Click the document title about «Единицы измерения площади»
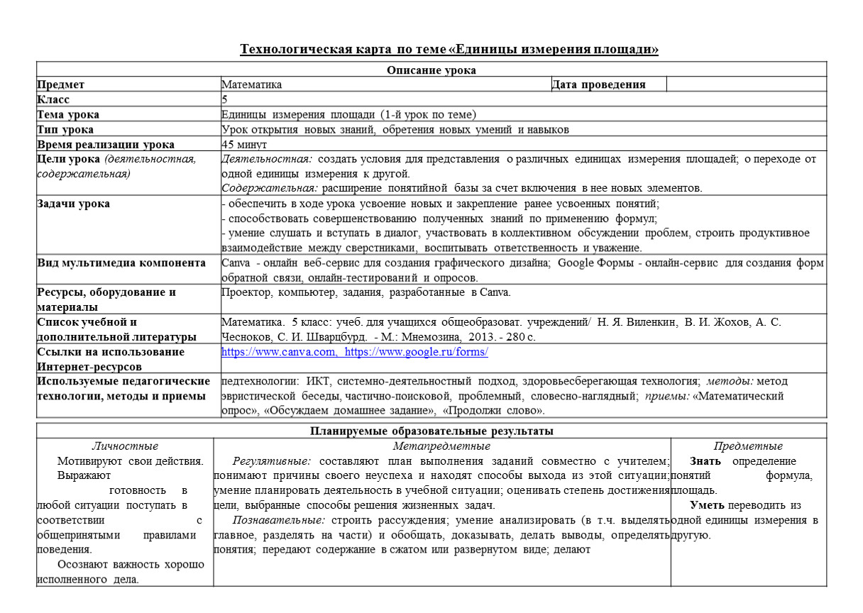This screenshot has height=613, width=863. tap(449, 50)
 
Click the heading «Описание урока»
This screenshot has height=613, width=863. tap(431, 70)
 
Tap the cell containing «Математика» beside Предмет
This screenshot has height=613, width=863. tap(252, 84)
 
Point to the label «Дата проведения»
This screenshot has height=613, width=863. tap(598, 84)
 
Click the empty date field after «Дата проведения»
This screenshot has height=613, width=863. tap(746, 84)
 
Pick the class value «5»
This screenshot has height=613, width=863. tap(224, 99)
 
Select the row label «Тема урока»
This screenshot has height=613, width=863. tap(68, 114)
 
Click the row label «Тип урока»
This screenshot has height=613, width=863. tap(66, 129)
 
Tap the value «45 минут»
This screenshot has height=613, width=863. tap(245, 144)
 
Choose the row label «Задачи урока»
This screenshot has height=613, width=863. tap(73, 204)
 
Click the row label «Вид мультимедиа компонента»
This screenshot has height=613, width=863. tap(121, 263)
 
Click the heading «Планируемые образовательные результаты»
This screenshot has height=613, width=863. tap(431, 431)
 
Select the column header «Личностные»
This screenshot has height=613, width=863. tap(125, 446)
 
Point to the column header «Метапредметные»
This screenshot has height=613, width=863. tap(441, 446)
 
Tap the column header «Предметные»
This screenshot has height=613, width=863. tap(748, 446)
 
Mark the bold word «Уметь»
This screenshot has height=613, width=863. tap(705, 506)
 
